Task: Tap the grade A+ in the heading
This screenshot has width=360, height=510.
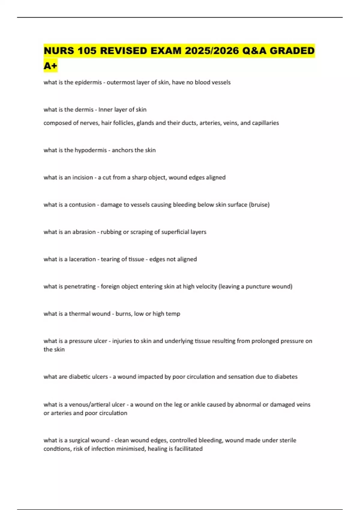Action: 50,66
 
